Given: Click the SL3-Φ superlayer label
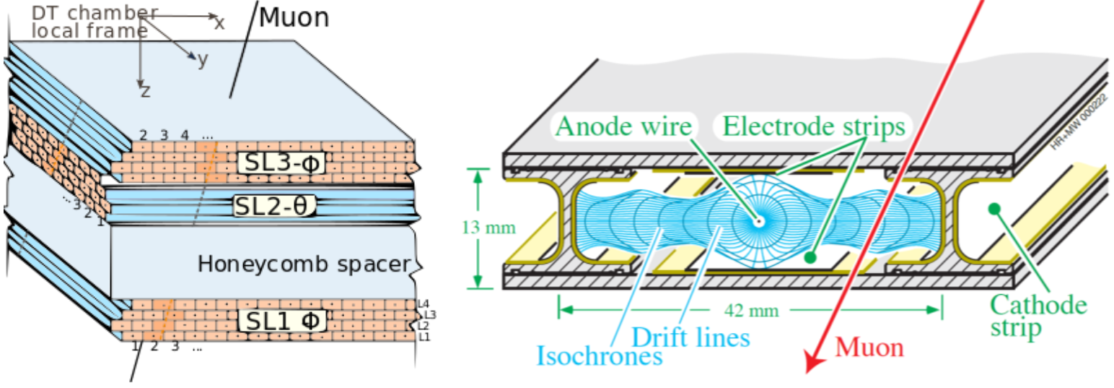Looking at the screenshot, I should (x=281, y=163).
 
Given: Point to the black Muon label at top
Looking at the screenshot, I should (x=293, y=17).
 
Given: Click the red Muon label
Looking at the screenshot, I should (x=869, y=348).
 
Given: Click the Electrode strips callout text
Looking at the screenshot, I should (x=813, y=128).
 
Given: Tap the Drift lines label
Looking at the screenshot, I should (x=691, y=337).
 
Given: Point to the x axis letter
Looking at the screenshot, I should (x=219, y=23).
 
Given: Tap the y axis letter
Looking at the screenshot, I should (x=203, y=60).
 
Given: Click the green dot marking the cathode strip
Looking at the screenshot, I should (x=994, y=209).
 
